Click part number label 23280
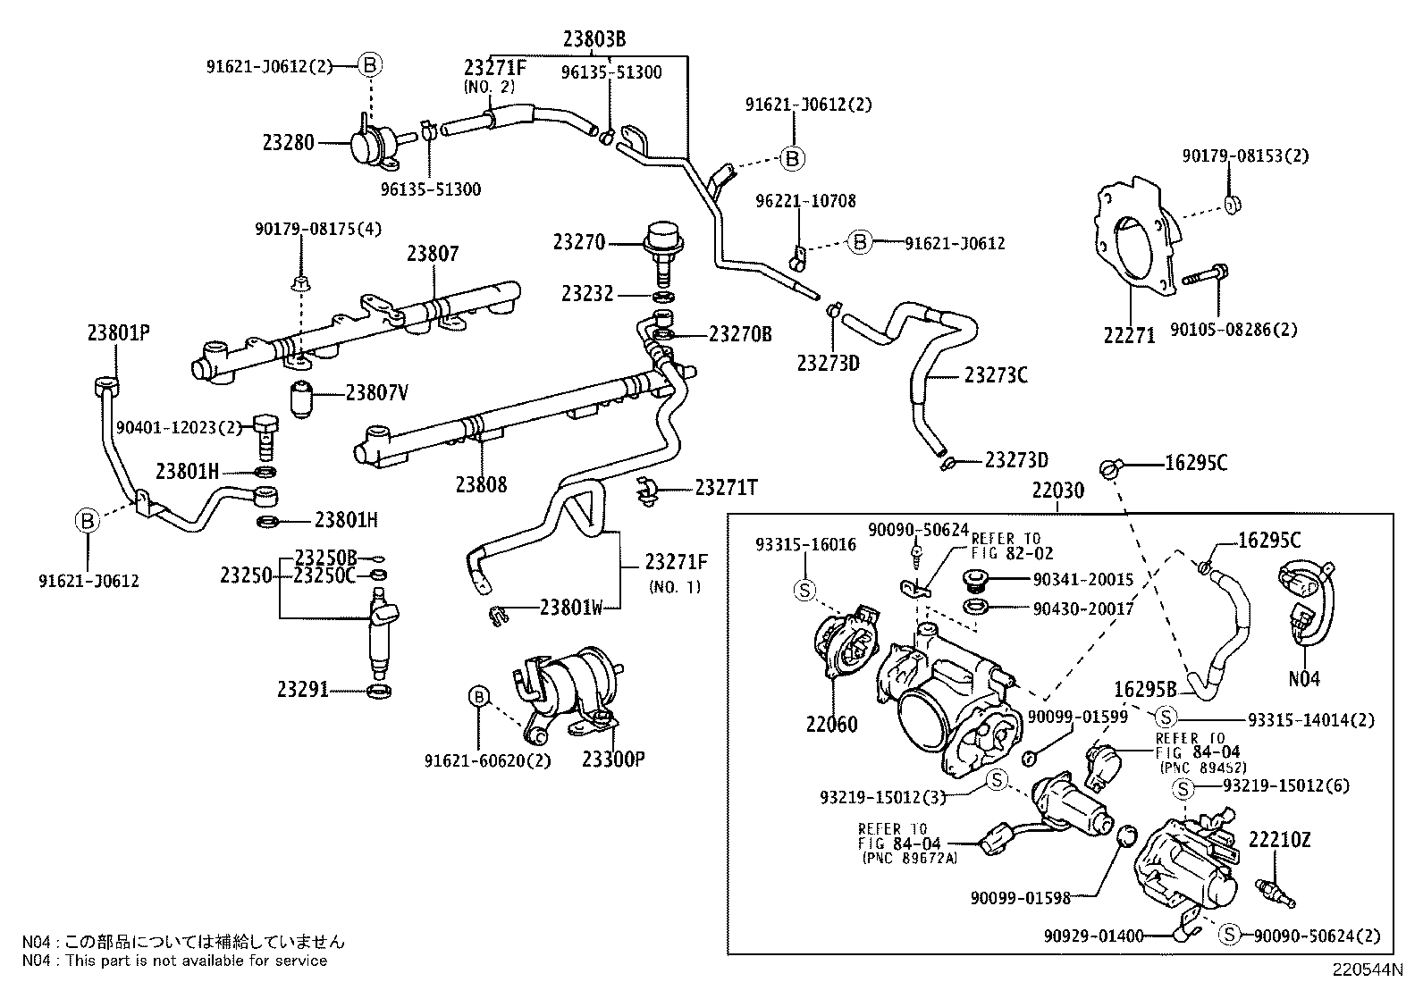pos(288,142)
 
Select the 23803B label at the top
pos(594,38)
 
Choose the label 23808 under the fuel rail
pos(481,484)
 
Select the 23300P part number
pos(613,759)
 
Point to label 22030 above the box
pos(1057,490)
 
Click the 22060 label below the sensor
pos(831,724)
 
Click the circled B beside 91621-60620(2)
pos(478,697)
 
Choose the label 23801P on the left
pos(118,332)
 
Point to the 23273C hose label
pos(996,375)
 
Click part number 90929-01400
pos(1093,936)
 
